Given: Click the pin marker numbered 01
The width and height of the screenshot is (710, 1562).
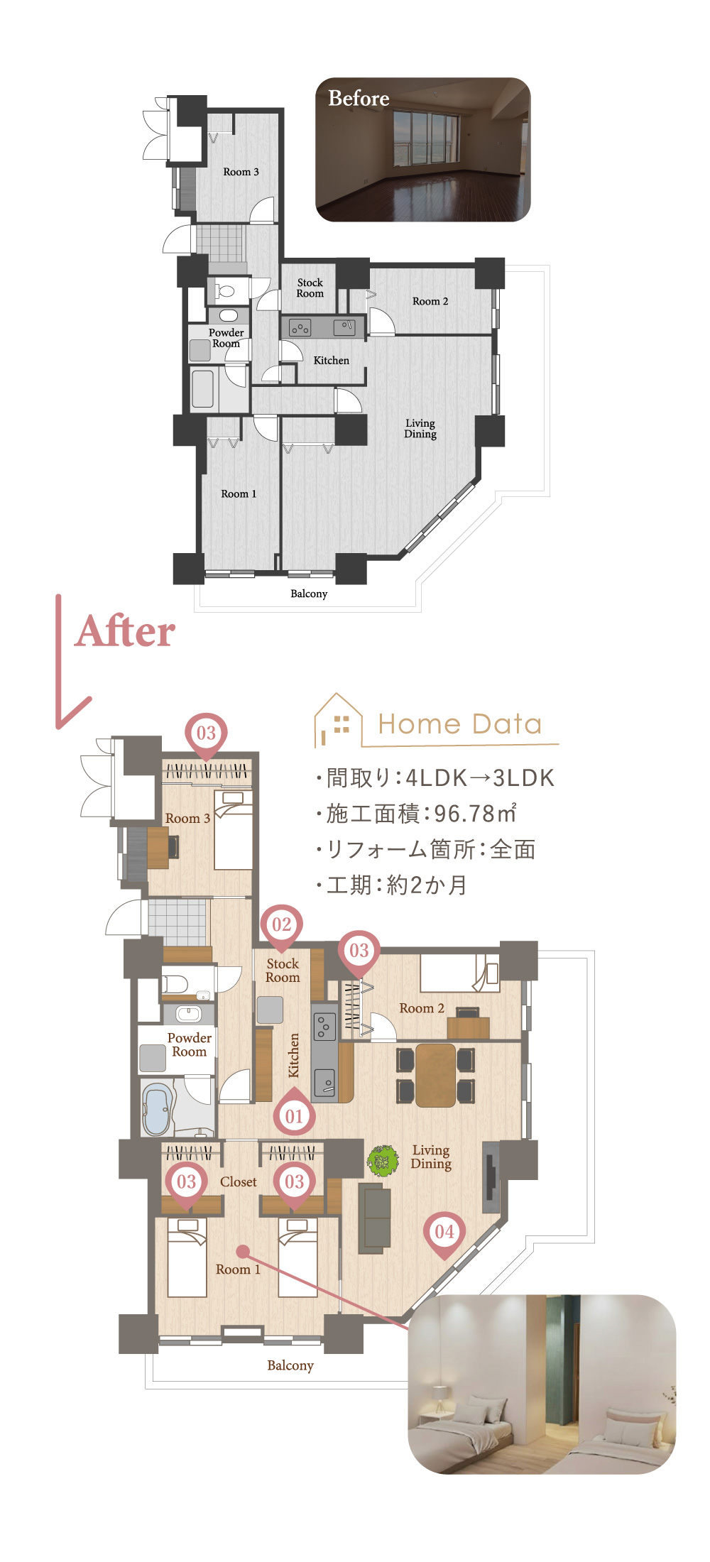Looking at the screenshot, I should [x=294, y=1115].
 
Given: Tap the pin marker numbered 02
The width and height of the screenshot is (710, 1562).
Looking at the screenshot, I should [x=282, y=925].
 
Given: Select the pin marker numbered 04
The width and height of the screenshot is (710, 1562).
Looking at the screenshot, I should [x=444, y=1233].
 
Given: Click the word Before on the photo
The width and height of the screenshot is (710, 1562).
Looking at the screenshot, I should [x=359, y=98].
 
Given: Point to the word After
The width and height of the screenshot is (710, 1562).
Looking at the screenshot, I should [x=125, y=631].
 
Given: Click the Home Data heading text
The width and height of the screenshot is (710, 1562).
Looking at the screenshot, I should [x=460, y=724].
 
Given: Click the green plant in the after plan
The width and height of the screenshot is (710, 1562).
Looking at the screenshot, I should [x=383, y=1161].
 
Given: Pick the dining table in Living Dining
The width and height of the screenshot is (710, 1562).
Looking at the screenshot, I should [x=435, y=1074].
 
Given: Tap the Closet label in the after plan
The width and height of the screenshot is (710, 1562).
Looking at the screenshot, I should [x=239, y=1182].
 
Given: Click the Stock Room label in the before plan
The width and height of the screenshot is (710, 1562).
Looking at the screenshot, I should [x=310, y=288].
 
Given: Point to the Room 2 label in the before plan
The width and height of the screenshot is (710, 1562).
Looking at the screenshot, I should [x=430, y=301].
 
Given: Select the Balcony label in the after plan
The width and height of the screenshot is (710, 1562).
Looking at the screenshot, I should [x=290, y=1365].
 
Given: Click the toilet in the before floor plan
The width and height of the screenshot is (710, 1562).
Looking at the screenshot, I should [x=225, y=290].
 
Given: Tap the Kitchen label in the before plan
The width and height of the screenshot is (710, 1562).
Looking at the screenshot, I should [x=332, y=360].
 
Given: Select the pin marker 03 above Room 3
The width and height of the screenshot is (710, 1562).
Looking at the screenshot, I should [x=206, y=734].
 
